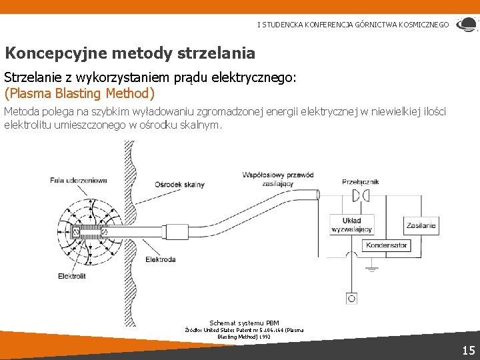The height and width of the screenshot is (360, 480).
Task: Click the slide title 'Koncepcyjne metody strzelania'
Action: [130, 53]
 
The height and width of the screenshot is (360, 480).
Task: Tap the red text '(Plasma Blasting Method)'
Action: [79, 93]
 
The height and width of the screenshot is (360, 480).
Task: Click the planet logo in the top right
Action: [466, 25]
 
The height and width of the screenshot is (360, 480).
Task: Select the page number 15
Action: [468, 350]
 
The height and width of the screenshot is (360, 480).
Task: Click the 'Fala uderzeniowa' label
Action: [78, 181]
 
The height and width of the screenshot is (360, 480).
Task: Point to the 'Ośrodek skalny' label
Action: [179, 185]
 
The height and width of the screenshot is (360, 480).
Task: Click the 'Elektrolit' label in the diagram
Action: [71, 275]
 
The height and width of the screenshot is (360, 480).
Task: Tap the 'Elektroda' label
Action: [160, 259]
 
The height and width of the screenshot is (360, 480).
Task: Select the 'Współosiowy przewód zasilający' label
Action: [278, 179]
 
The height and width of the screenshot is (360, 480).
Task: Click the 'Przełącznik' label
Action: [360, 181]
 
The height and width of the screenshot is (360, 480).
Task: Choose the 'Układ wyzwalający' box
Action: [351, 225]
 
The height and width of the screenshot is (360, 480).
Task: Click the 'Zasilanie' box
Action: [421, 225]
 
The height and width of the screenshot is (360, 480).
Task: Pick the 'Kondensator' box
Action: [386, 245]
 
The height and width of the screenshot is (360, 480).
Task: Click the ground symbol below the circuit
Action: [372, 269]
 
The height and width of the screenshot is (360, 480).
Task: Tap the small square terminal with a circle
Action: [351, 298]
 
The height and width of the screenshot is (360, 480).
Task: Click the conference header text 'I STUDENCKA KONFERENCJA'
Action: [307, 25]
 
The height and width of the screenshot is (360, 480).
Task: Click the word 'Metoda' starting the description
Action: [21, 111]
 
